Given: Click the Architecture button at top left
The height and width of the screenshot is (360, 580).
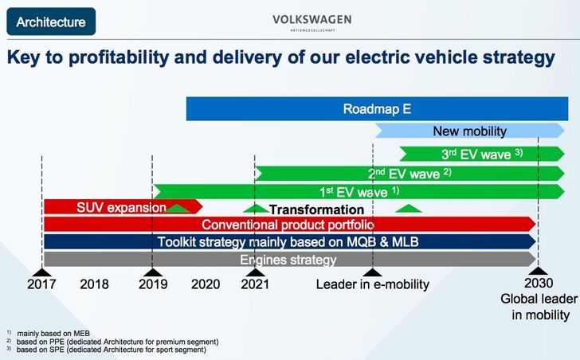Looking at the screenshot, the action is [x=51, y=22].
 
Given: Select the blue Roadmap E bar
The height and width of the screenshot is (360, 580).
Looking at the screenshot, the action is [x=377, y=108].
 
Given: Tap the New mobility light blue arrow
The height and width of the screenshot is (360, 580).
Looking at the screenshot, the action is [x=470, y=131].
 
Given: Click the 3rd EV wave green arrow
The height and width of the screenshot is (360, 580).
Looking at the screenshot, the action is [x=481, y=154].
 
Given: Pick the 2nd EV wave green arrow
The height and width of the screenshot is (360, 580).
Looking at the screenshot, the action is [x=410, y=174].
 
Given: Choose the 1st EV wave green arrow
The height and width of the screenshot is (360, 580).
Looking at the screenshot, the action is [x=359, y=191].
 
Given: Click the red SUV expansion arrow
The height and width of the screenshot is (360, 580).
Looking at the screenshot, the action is [x=123, y=207].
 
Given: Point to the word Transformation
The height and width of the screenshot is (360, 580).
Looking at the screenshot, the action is [x=316, y=209].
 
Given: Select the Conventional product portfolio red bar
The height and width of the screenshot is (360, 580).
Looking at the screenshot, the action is [x=290, y=225].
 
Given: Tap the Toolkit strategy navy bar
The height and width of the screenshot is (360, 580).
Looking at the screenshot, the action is [x=290, y=241].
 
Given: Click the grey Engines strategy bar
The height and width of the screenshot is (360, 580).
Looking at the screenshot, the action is [x=290, y=260].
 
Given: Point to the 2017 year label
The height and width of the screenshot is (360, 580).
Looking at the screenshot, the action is [x=41, y=284].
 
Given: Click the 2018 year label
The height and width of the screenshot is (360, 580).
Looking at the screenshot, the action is [x=94, y=284].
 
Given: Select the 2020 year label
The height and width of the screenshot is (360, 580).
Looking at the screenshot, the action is [x=206, y=284].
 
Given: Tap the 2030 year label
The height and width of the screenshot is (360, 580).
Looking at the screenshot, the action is [x=539, y=283].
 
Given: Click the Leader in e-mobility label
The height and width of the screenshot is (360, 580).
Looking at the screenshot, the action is [x=373, y=284].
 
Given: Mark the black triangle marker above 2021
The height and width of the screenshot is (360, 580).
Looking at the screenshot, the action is [x=255, y=272].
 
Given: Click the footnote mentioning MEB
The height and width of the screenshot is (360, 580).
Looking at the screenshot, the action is [x=49, y=334].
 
